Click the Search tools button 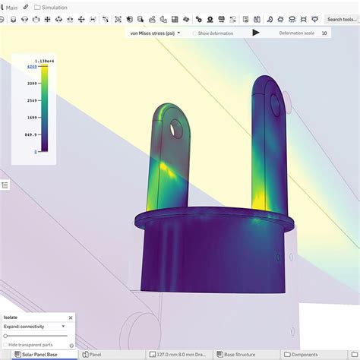tap(342, 19)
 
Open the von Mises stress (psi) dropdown tap(155, 33)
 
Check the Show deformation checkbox tap(195, 33)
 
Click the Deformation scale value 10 tap(324, 33)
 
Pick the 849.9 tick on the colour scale tap(30, 134)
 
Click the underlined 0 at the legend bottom tap(35, 152)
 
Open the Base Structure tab tap(239, 354)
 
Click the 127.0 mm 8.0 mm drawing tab tap(180, 354)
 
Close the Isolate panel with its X tap(71, 317)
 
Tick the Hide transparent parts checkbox tap(5, 345)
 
